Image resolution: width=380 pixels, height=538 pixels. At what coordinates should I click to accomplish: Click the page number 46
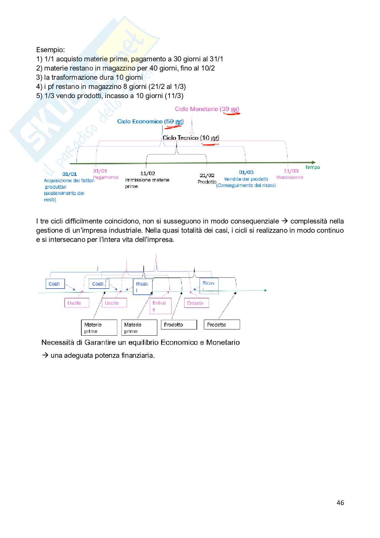(340, 503)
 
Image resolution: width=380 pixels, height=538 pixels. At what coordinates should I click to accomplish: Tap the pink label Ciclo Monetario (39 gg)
(207, 109)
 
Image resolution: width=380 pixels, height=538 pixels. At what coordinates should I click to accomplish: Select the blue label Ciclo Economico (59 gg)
(150, 122)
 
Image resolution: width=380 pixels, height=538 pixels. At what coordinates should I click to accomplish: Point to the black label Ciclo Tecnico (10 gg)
(191, 138)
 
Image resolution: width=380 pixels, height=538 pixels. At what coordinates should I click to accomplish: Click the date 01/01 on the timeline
(69, 174)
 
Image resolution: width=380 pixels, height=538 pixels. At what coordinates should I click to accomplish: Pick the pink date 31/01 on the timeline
(100, 171)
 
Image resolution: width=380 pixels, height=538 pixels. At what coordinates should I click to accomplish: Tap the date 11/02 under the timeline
(147, 173)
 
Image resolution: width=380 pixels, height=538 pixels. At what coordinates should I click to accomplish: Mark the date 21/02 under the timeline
(207, 175)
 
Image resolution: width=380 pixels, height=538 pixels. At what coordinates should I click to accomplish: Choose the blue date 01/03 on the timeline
(246, 172)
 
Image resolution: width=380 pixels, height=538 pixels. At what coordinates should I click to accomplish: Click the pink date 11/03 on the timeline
(291, 171)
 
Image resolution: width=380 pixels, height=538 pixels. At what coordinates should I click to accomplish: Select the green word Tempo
(312, 167)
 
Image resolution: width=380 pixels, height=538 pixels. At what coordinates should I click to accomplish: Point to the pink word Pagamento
(106, 178)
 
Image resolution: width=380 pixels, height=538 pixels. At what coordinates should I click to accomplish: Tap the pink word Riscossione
(290, 178)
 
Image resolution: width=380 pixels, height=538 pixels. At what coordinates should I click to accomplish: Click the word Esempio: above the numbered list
(50, 50)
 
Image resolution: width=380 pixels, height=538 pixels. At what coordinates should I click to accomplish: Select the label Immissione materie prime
(147, 183)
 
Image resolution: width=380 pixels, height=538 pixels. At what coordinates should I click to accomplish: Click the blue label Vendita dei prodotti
(246, 179)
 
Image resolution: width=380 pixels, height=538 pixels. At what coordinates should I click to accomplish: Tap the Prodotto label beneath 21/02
(207, 182)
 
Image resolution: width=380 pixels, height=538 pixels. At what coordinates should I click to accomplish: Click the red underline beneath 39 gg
(231, 114)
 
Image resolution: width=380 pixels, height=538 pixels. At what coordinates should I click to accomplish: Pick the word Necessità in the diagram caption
(55, 342)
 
